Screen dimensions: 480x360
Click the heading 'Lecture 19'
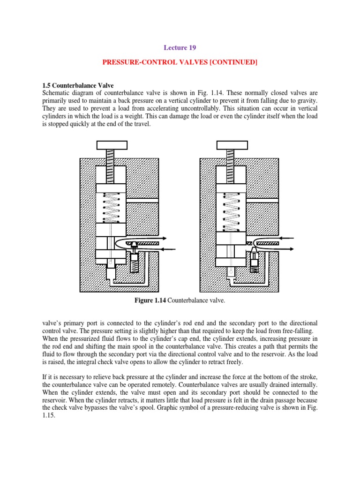pyautogui.click(x=180, y=47)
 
